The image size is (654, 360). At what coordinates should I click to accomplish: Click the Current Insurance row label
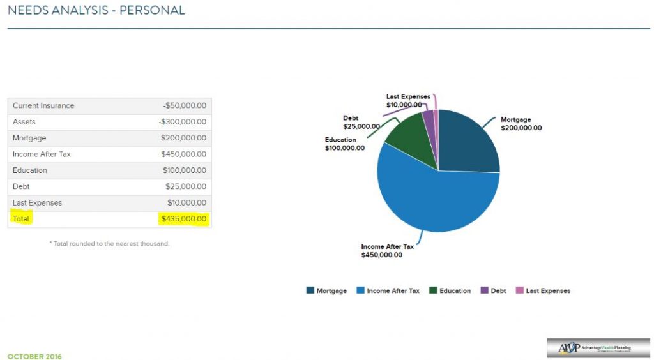click(x=43, y=105)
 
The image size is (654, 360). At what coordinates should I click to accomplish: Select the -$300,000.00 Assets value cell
click(x=183, y=122)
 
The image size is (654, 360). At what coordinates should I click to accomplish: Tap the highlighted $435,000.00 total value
click(x=184, y=219)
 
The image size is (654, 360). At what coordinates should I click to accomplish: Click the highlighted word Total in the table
click(x=21, y=219)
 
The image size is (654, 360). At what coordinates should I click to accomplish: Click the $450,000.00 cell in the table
click(x=185, y=154)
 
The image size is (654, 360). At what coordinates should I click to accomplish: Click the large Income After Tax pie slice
click(x=434, y=198)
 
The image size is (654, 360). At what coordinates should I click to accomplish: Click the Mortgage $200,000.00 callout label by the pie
click(x=521, y=124)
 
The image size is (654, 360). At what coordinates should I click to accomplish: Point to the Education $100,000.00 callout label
click(x=344, y=144)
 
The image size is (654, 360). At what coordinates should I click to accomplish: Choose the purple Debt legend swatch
click(x=485, y=290)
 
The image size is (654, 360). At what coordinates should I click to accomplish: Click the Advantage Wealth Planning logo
click(x=598, y=347)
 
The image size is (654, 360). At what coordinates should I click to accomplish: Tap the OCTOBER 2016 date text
click(x=34, y=356)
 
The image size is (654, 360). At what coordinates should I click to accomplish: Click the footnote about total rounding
click(x=109, y=243)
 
